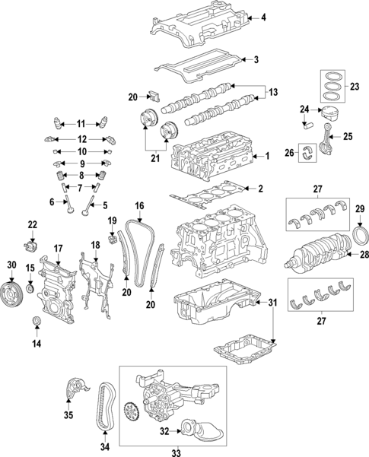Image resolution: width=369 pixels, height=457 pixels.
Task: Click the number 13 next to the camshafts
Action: [x=274, y=92]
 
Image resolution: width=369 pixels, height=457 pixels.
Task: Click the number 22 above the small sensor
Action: [x=32, y=224]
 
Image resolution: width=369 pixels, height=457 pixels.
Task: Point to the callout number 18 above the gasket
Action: [x=95, y=244]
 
